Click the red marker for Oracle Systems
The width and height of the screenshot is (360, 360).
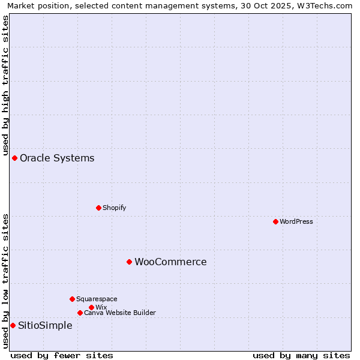[14, 158]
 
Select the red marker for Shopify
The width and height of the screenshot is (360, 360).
[98, 208]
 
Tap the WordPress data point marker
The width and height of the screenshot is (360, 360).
[275, 221]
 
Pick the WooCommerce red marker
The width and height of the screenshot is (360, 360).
[129, 262]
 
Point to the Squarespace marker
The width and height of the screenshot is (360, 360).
[72, 299]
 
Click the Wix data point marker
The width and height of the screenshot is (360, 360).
[91, 307]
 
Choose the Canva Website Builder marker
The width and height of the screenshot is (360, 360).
[80, 313]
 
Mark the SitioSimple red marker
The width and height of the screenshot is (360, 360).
[13, 325]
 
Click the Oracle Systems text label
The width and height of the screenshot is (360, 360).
[57, 158]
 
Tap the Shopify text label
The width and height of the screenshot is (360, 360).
[114, 208]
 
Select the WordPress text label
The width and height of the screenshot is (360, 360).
[296, 221]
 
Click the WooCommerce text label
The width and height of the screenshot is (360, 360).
[170, 262]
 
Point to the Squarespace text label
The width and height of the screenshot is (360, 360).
[97, 299]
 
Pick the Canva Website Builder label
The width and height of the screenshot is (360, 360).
[119, 313]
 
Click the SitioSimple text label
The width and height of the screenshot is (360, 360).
[45, 326]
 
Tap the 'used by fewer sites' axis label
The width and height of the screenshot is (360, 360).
[62, 355]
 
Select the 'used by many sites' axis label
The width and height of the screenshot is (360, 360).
[301, 355]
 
